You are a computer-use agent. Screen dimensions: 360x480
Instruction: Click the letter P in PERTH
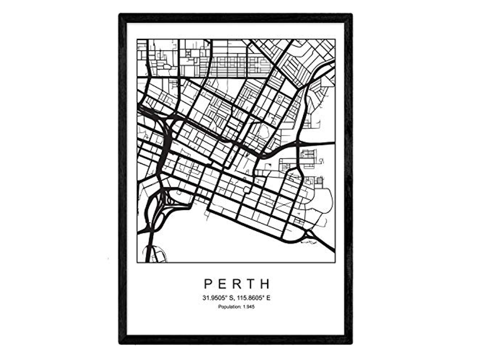(x=208, y=283)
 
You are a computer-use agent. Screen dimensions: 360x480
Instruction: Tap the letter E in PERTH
(x=222, y=283)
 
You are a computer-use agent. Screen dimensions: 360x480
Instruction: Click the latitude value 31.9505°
(x=216, y=298)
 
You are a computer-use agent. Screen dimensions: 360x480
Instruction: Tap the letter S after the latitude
(x=232, y=298)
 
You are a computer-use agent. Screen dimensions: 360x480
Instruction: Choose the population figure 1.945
(x=249, y=307)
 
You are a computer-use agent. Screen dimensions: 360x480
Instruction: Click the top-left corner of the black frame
(x=120, y=15)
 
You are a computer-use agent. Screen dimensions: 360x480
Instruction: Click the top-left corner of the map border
(x=137, y=39)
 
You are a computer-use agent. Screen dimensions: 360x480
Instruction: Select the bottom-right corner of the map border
(x=335, y=262)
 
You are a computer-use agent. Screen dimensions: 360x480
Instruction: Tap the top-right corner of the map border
(x=335, y=39)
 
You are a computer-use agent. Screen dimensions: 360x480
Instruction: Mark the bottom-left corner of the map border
(x=137, y=262)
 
